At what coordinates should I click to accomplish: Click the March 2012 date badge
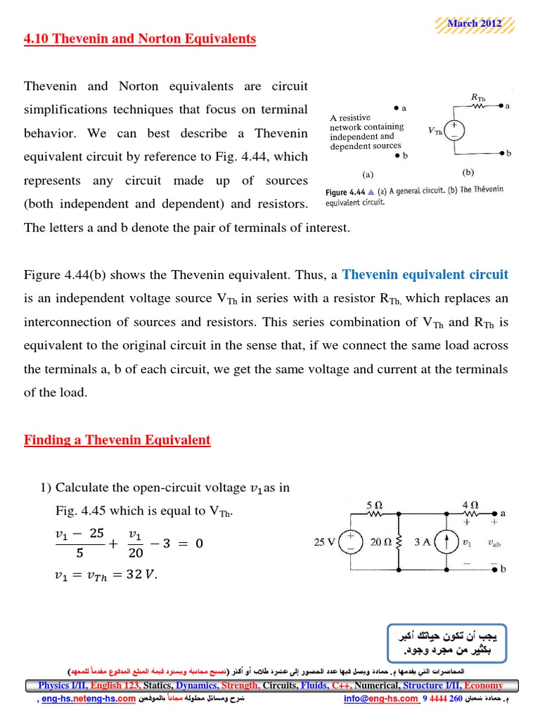click(473, 23)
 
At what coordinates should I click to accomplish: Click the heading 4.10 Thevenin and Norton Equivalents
click(140, 39)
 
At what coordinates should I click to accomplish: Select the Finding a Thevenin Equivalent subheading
click(117, 441)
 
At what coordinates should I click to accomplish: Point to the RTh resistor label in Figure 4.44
click(476, 97)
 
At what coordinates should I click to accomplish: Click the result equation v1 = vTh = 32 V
click(106, 574)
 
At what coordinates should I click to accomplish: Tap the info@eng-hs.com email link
click(380, 699)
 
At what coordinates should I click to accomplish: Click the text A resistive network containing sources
click(367, 131)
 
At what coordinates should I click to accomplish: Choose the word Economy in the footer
click(484, 686)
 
